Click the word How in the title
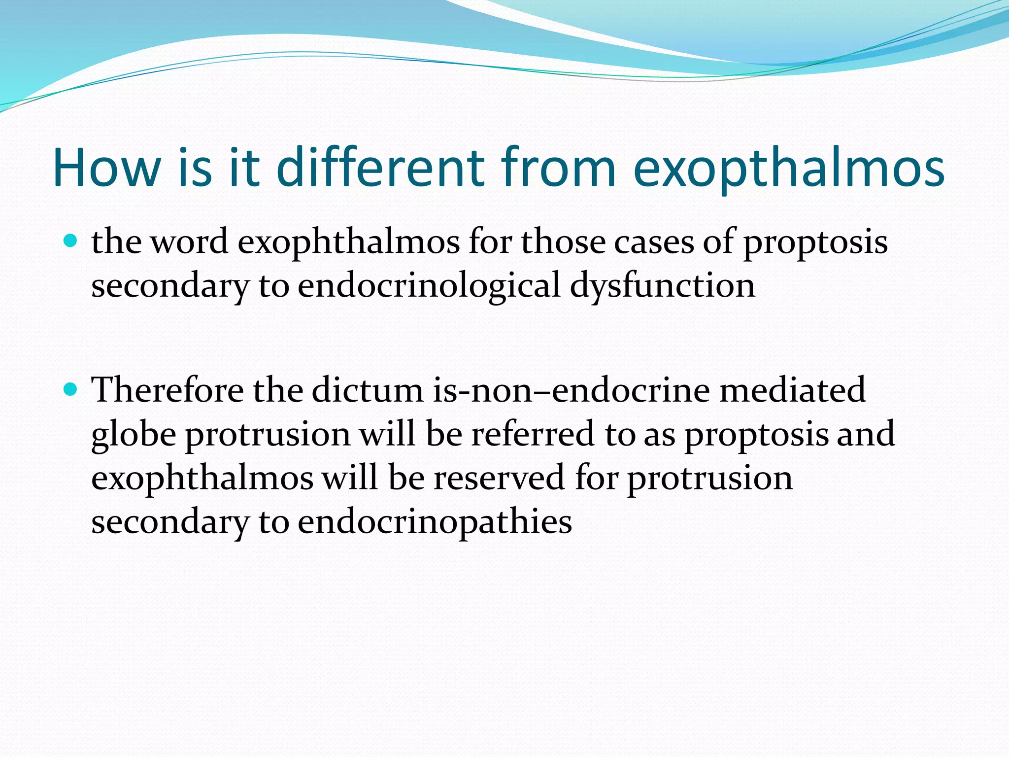(106, 168)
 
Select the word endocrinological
(429, 286)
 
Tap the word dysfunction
(662, 286)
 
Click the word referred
(533, 434)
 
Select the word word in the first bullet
(189, 242)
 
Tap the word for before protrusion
(596, 478)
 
